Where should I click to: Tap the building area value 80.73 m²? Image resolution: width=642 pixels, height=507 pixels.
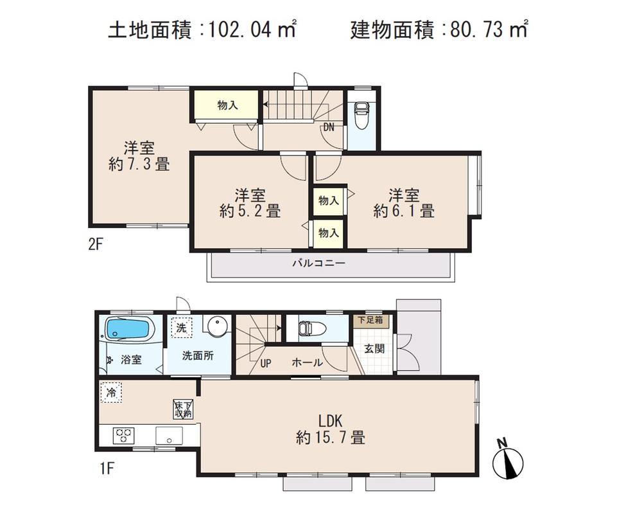(485, 30)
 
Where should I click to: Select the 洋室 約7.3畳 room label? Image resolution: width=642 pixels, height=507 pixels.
(139, 156)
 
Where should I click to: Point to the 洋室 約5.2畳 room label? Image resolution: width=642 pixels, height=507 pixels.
(250, 202)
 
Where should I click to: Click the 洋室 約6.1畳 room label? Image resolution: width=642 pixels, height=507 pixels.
(404, 202)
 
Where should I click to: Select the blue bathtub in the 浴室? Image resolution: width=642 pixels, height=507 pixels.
(130, 330)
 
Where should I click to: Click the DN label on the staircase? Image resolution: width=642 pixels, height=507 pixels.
(329, 127)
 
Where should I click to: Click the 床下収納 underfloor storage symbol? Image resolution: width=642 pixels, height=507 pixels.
(183, 409)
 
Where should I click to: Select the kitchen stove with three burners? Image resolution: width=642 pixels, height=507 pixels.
(125, 435)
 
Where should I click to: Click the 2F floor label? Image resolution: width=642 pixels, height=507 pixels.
(97, 244)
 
